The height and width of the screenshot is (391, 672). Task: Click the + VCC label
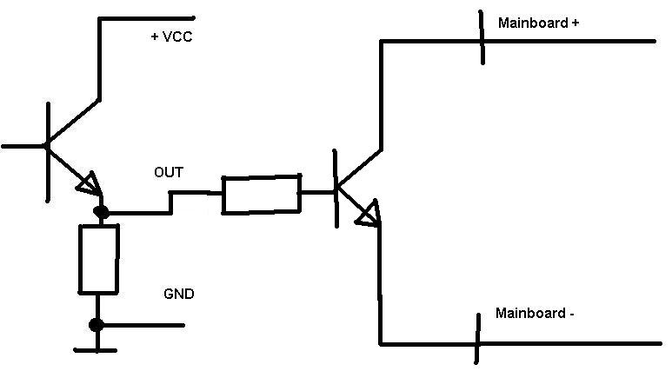[172, 36]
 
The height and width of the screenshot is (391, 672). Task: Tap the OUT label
[169, 173]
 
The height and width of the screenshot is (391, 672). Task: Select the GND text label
[179, 294]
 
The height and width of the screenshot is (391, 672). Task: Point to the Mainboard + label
[538, 23]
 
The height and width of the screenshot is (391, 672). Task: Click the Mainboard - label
[535, 313]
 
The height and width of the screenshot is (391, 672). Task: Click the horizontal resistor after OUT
[262, 194]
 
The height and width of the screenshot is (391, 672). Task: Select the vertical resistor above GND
[98, 260]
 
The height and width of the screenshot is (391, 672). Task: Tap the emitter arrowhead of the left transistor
[90, 184]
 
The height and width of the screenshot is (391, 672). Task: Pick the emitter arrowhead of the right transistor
[369, 213]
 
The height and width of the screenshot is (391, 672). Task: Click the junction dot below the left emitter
[101, 212]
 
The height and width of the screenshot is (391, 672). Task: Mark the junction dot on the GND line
[96, 325]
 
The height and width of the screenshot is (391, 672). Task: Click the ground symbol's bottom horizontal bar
[95, 350]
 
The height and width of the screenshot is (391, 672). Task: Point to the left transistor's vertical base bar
[48, 152]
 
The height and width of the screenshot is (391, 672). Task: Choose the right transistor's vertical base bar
[336, 189]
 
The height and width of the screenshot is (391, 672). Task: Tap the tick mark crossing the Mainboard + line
[482, 37]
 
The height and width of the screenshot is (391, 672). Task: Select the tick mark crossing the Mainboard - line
[477, 338]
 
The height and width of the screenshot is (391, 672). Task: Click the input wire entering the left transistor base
[23, 146]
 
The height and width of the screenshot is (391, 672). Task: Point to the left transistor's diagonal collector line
[74, 121]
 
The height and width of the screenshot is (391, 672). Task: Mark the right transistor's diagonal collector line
[359, 169]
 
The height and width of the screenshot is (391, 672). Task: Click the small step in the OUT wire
[170, 202]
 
